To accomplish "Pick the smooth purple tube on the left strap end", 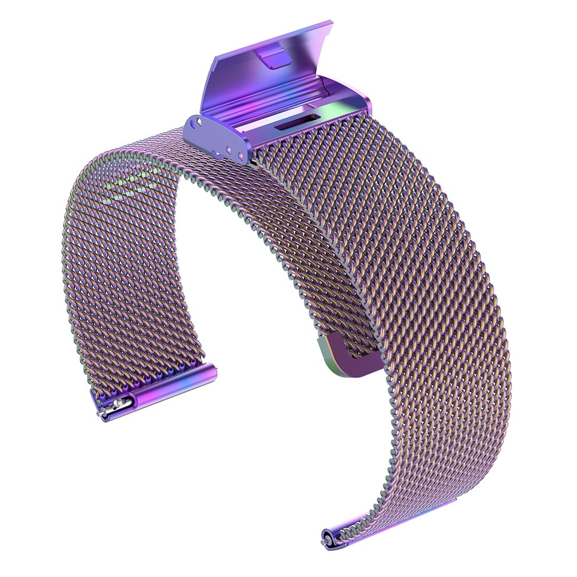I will [x=176, y=385].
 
